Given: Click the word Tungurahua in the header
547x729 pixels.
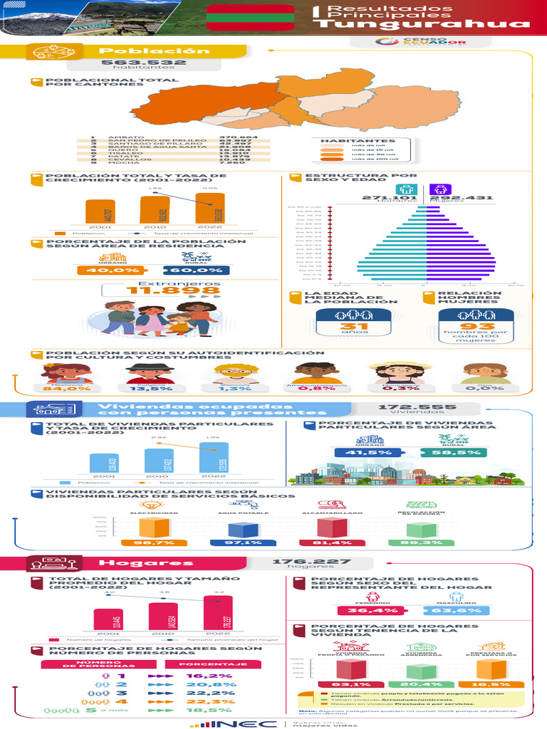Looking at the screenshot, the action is coord(424,25).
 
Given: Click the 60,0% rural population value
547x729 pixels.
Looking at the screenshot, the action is coord(196,271).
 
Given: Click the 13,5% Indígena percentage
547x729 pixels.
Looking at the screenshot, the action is coord(150,389).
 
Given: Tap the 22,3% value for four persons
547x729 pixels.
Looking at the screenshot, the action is coord(199,701).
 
